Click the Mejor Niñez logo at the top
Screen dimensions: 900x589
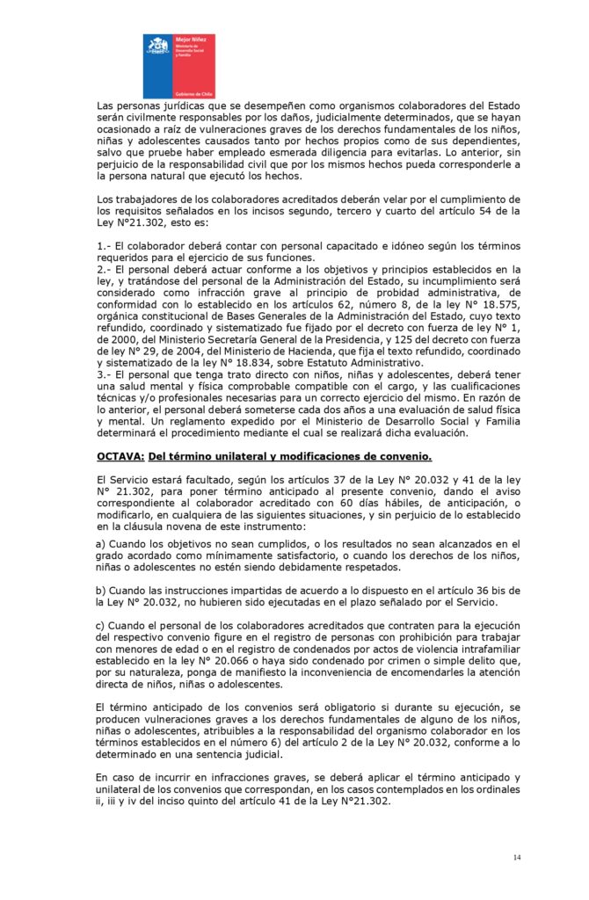coord(178,65)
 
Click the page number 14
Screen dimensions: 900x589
coord(518,856)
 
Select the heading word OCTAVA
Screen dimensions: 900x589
coord(120,456)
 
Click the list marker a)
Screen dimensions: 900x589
coord(102,546)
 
